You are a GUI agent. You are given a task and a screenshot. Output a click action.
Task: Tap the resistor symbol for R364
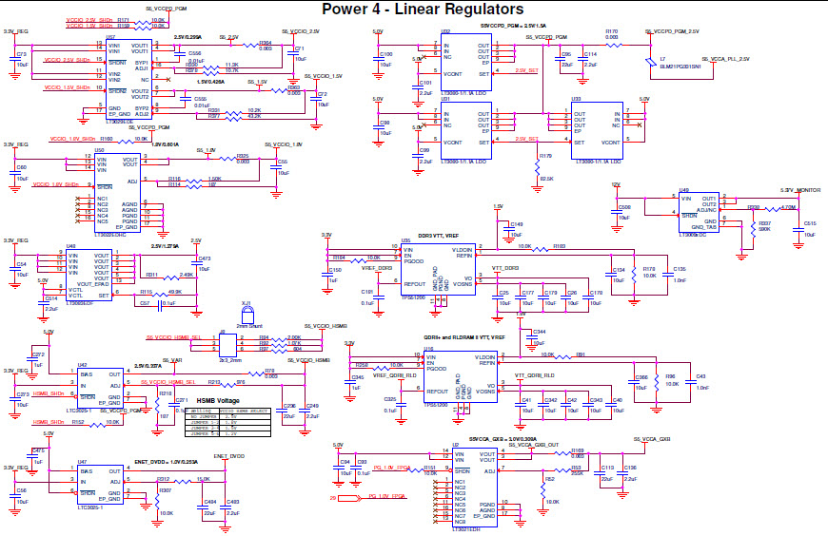(266, 47)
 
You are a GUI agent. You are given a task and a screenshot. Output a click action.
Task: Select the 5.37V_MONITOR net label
(799, 190)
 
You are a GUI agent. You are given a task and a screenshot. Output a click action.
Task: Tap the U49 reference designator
(683, 190)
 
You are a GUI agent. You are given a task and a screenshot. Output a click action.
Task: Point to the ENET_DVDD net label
(228, 456)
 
